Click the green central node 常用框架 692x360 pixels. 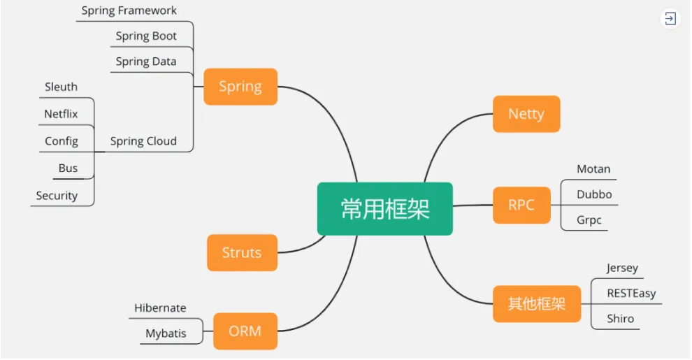click(385, 209)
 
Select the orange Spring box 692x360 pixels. click(240, 87)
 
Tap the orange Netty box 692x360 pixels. click(526, 114)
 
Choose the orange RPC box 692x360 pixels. click(521, 205)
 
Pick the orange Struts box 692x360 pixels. click(243, 253)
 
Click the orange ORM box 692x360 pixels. click(245, 331)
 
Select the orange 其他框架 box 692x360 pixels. click(537, 304)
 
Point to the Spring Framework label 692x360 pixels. click(129, 11)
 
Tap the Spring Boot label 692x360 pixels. click(146, 36)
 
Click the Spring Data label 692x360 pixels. click(146, 62)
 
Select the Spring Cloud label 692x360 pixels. click(143, 141)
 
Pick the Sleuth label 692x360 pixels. click(61, 87)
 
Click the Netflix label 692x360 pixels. click(61, 114)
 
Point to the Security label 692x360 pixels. click(57, 196)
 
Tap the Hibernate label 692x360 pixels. click(160, 308)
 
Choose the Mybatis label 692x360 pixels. click(166, 333)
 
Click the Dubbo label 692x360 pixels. click(594, 194)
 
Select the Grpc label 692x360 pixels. click(589, 220)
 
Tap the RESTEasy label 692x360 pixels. click(632, 294)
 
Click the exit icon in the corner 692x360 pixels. click(670, 19)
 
